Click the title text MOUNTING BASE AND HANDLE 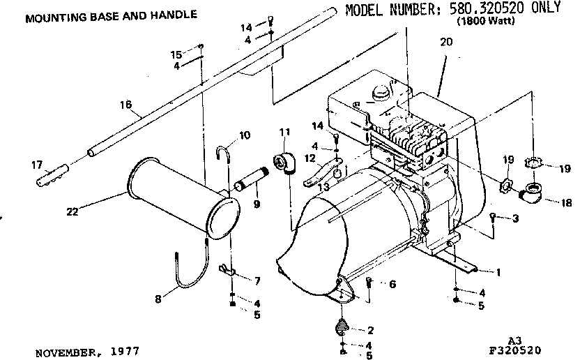111,15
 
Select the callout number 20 446,43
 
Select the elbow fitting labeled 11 287,163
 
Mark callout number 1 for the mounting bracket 498,269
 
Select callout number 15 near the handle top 177,54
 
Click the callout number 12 308,158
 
